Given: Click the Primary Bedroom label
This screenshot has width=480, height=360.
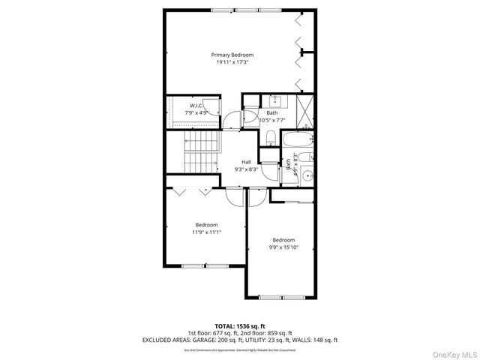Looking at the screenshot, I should click(232, 55).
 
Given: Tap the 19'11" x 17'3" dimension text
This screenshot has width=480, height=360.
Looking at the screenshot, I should click(232, 62).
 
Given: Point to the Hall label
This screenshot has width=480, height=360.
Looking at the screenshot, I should click(246, 162).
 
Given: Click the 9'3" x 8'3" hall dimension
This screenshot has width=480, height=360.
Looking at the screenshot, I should click(246, 169).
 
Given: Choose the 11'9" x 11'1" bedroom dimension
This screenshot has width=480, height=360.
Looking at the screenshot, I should click(206, 232).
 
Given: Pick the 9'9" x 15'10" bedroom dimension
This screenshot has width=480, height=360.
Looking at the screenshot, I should click(284, 247).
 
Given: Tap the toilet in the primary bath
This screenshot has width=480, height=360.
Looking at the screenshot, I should click(270, 136).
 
